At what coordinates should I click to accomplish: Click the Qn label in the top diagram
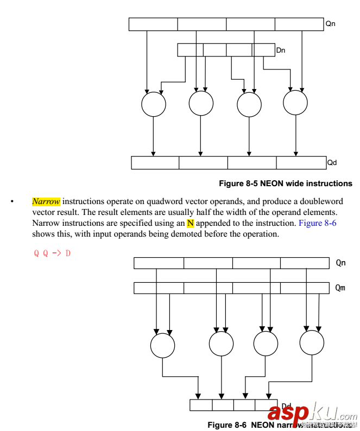(330, 24)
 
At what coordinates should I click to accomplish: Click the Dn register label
(281, 50)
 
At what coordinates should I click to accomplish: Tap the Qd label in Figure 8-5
(332, 162)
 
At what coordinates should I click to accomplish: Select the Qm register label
(340, 288)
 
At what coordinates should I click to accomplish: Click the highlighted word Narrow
(46, 201)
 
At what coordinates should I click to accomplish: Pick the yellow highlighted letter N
(190, 223)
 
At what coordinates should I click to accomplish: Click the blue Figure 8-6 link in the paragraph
(318, 223)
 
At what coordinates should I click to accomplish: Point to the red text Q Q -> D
(53, 253)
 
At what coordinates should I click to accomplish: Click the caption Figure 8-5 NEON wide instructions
(285, 183)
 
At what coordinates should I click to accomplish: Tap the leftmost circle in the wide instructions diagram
(153, 104)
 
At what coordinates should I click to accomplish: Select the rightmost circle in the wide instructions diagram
(295, 103)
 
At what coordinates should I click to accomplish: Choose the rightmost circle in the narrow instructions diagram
(312, 343)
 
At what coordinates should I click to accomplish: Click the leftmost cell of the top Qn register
(153, 24)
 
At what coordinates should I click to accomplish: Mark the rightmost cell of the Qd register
(301, 162)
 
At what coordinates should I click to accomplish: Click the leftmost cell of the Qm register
(159, 288)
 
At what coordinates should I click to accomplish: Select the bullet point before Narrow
(11, 202)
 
